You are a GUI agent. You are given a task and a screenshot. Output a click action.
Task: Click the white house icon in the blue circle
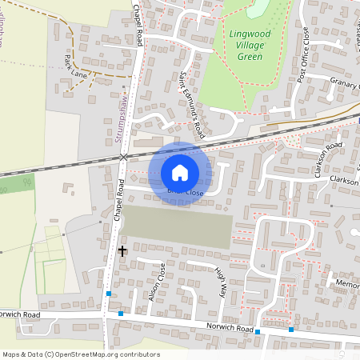click(180, 173)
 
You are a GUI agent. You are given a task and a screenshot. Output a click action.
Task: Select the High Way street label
click(218, 282)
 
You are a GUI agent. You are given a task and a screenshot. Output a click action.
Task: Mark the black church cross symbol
click(122, 250)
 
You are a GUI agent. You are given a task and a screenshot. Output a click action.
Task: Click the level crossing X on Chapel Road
click(123, 158)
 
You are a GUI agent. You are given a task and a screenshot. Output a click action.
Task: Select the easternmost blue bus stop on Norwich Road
click(291, 329)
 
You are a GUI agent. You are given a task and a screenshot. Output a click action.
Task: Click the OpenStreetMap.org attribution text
click(104, 354)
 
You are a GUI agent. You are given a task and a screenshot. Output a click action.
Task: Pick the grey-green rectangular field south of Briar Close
click(177, 225)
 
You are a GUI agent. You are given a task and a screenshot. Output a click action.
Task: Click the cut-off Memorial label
click(348, 285)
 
